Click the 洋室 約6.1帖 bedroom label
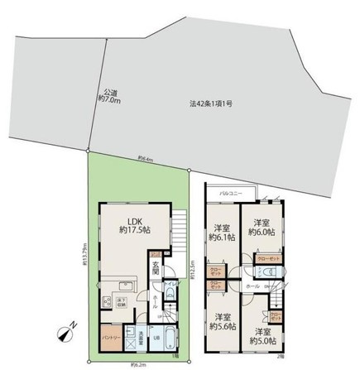(221, 233)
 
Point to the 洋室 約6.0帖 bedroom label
(262, 228)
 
